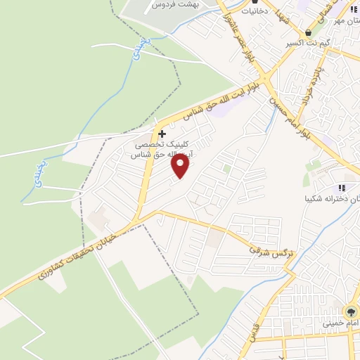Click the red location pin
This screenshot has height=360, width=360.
coord(181,166)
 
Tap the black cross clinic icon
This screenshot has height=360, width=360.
coord(162,133)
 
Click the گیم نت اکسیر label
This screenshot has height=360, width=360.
coord(308,44)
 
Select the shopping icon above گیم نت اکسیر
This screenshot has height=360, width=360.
coord(308,33)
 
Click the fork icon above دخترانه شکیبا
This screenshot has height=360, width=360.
coord(342,188)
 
